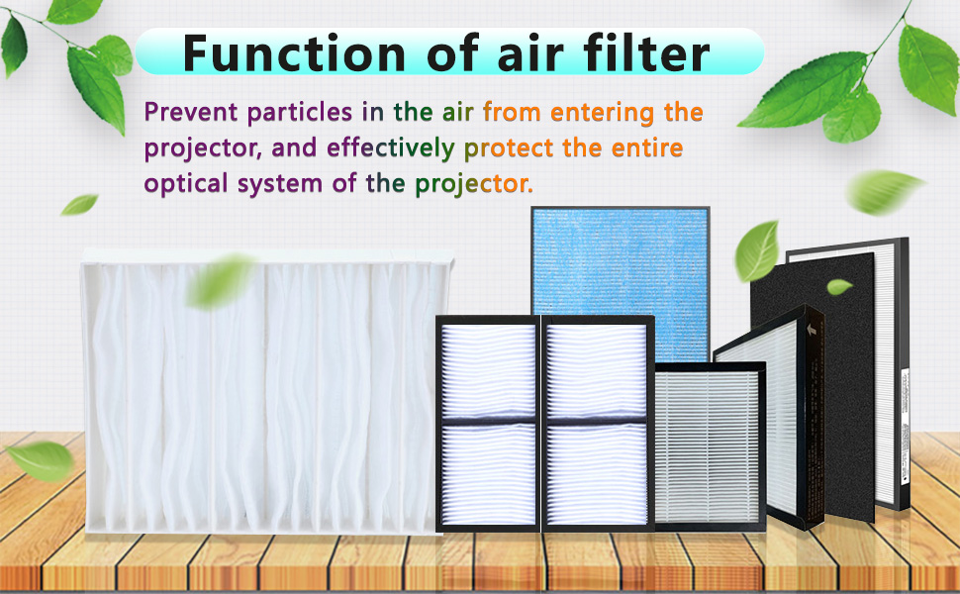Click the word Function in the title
(x=294, y=53)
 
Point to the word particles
(x=300, y=113)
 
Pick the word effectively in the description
(x=391, y=148)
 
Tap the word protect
(x=509, y=148)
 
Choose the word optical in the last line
(x=186, y=184)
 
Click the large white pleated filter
(x=267, y=392)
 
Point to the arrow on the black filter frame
(x=812, y=330)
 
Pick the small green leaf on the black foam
(x=839, y=286)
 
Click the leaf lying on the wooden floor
(x=41, y=460)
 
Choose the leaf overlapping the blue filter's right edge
(x=757, y=251)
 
